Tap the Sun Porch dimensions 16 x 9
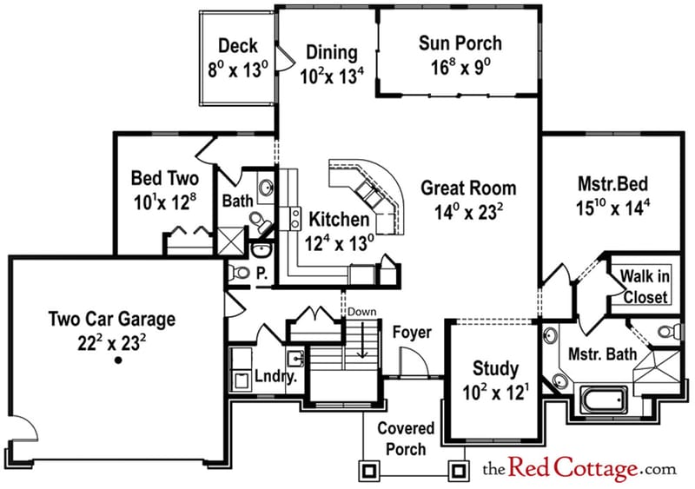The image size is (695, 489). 460,67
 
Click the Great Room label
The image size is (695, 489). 468,188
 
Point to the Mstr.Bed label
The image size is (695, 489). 613,185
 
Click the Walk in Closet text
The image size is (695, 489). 644,287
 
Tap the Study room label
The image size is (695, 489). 494,367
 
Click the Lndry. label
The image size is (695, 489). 276,378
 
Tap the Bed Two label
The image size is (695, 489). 164,179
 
